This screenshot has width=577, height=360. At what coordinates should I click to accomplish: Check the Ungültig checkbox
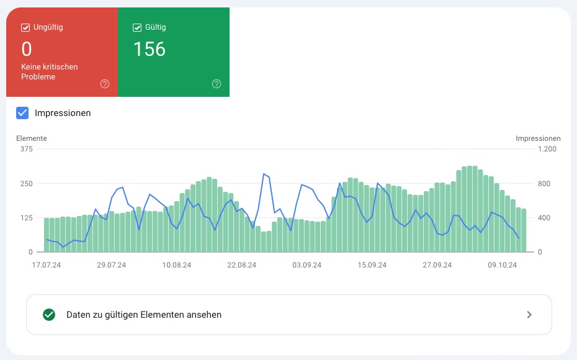coord(25,27)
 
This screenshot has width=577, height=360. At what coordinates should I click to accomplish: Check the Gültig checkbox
coord(137,27)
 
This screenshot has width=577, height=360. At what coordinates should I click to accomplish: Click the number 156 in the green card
coord(150,49)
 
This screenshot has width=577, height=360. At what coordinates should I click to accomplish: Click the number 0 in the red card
coord(26,49)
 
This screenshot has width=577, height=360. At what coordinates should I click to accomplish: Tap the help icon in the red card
coord(105,84)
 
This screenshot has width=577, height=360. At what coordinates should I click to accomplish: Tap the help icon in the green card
coord(217,84)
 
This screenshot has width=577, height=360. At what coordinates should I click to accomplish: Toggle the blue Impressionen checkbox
coord(22,113)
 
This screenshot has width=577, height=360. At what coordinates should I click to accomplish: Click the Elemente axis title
coord(32,138)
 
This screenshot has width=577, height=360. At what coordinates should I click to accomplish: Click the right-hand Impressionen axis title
coord(538,138)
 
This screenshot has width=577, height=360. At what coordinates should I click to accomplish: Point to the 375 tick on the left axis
coord(26,149)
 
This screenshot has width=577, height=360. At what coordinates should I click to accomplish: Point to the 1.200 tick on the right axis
coord(547,149)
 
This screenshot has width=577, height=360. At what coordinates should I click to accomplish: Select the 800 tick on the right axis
coord(543,184)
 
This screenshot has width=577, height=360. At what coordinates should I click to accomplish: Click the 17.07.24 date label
coord(46,265)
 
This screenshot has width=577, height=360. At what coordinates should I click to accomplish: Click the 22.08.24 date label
coord(242,265)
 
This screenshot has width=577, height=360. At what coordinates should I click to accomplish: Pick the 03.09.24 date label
coord(307,265)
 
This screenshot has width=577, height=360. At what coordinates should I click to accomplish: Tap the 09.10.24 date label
coord(503,265)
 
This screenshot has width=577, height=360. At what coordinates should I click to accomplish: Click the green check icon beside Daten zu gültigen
coord(49,315)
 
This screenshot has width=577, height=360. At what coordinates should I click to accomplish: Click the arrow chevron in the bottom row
coord(529,315)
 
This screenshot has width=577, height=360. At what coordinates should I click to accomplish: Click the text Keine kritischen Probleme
coord(50,71)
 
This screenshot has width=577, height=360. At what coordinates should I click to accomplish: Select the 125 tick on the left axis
coord(26,218)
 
